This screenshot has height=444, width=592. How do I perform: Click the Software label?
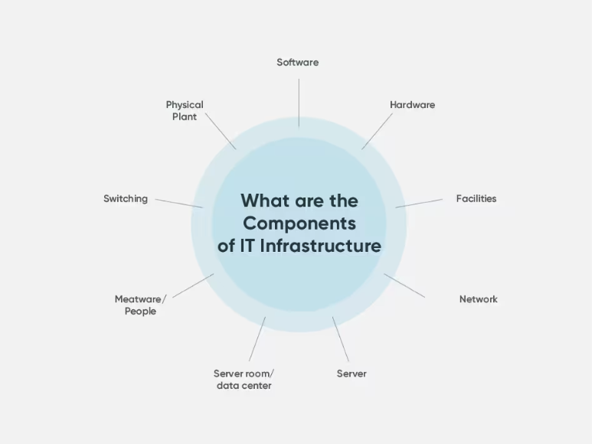297,62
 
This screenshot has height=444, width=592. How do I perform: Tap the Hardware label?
412,105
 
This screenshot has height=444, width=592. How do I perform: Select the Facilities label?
476,198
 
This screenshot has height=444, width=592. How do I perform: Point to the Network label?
478,299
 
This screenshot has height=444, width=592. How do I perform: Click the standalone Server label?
352,374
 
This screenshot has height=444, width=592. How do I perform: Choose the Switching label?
126,198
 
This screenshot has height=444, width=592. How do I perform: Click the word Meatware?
139,299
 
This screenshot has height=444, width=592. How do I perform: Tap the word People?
140,312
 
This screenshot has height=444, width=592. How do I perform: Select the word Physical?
185,105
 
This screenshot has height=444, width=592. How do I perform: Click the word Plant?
185,117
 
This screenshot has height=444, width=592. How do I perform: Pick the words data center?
244,386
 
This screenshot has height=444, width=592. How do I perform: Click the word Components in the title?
299,224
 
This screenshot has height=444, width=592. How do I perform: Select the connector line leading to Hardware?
377,131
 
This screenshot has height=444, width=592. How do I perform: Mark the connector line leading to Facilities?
419,203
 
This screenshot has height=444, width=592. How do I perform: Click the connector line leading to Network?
404,286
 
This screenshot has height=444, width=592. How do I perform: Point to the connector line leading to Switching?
179,203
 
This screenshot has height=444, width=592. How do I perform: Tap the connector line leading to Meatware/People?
193,286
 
